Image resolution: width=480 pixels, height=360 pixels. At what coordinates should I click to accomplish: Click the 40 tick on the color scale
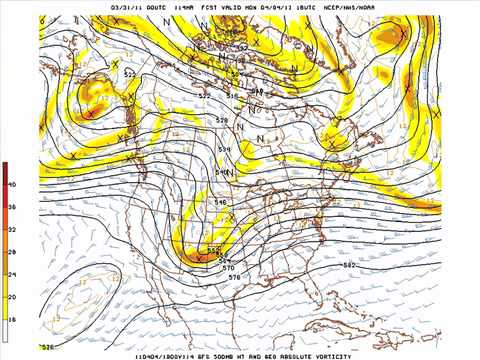coord(12,185)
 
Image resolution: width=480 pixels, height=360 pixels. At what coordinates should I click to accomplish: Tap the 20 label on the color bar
coord(12,297)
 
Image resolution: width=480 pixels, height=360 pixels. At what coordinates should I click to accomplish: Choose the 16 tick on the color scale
coord(12,319)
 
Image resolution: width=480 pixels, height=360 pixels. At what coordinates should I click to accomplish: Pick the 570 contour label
coord(229,267)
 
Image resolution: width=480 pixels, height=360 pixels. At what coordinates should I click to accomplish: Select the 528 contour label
coord(222,120)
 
